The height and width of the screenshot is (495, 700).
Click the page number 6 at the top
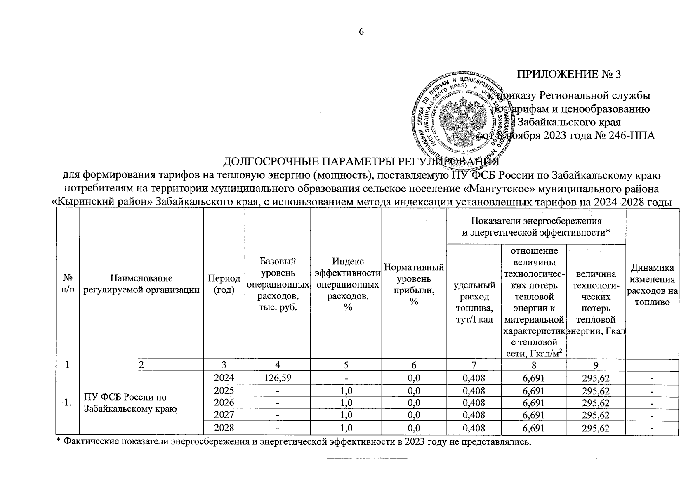coord(361,32)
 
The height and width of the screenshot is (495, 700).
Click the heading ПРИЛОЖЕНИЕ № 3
coord(569,75)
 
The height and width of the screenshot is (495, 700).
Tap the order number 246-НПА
coord(632,136)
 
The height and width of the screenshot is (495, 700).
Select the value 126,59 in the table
coord(278,377)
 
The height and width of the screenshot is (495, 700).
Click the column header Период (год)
coord(224,284)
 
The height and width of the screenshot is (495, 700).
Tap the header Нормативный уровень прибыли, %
coord(414,284)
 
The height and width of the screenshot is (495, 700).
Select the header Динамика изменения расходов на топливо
coord(652,285)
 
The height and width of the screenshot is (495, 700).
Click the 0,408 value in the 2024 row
coord(474,377)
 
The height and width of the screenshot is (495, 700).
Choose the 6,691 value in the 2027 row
coord(534,415)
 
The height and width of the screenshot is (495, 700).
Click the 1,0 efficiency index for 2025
coord(346,390)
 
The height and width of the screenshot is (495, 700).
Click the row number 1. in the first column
coord(67,403)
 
